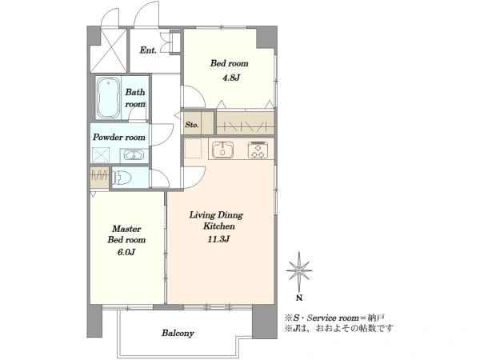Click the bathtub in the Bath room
coord(108,98)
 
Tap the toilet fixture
coord(122,178)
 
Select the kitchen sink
coord(223,150)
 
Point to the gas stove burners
coord(258,150)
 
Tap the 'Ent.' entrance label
coord(148,50)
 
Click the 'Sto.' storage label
coord(192,125)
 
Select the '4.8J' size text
coord(231,78)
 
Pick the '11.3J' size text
coord(218,239)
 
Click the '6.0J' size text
coord(126,252)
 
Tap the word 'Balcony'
coord(178,333)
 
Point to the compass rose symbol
coord(299,271)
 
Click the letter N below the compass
coord(299,298)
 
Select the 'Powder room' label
coord(119,137)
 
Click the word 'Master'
coord(126,229)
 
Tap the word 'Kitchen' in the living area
coord(219,226)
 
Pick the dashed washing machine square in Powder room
coord(101,154)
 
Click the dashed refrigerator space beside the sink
coord(193,149)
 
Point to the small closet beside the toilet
coord(99,178)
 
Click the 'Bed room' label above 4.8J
coord(229,63)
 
